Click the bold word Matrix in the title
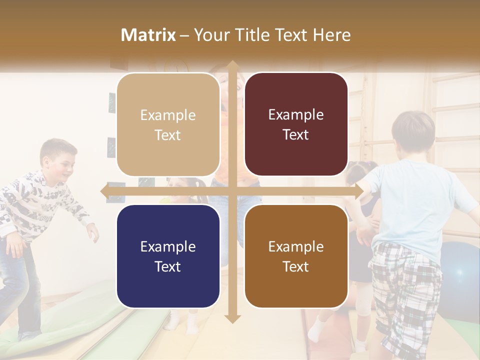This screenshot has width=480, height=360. (148, 35)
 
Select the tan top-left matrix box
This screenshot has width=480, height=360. (168, 124)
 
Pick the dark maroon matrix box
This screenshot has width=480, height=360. (296, 124)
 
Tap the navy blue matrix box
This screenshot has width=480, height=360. (168, 256)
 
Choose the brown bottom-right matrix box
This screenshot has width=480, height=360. (296, 256)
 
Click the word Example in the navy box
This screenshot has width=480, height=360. (168, 246)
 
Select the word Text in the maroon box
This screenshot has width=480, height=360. (296, 135)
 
